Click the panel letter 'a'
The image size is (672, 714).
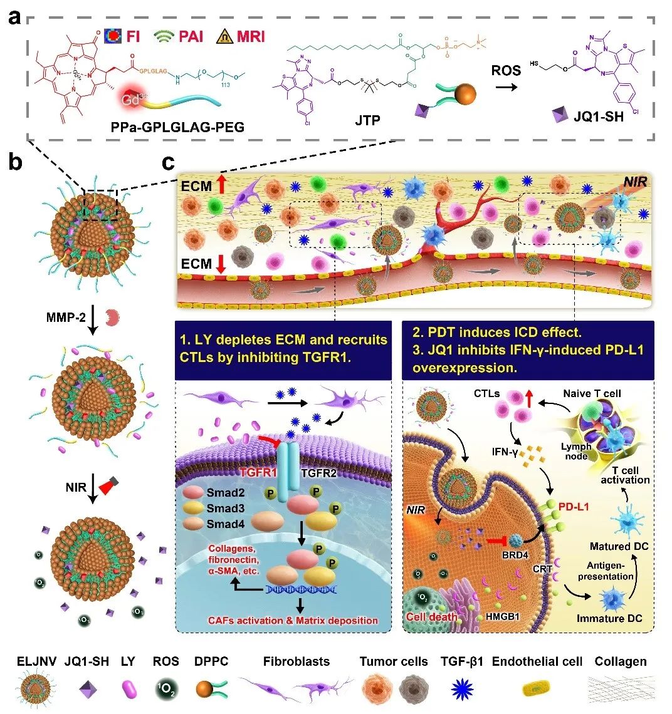pyautogui.click(x=16, y=19)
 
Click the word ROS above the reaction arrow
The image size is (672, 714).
pyautogui.click(x=507, y=70)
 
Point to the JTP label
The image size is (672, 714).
pyautogui.click(x=367, y=120)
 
